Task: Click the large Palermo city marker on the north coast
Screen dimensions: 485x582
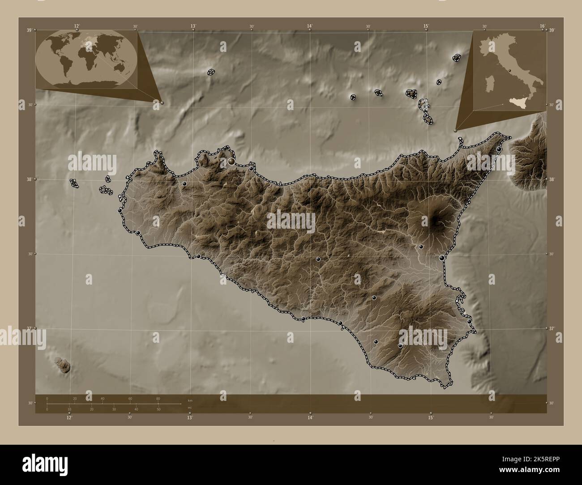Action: (231, 161)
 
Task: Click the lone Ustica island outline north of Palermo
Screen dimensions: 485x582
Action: (210, 72)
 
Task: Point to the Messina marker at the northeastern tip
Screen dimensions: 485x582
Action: (499, 149)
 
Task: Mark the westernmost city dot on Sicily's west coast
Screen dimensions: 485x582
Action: (120, 210)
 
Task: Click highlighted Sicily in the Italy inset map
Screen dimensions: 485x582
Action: (519, 103)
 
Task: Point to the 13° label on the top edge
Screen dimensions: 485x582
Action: (193, 26)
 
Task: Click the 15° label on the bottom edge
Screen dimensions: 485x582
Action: (430, 418)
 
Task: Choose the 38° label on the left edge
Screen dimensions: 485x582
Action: (29, 179)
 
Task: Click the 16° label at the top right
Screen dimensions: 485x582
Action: (542, 26)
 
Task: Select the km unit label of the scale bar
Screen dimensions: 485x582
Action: (190, 400)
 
